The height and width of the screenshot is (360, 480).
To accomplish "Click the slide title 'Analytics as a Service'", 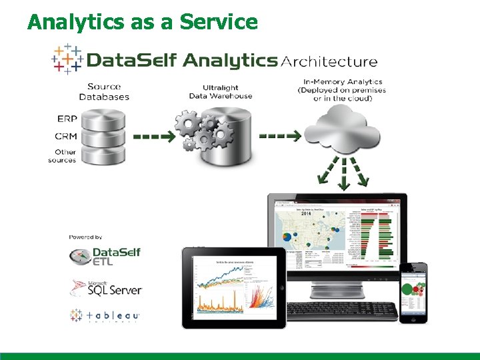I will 142,21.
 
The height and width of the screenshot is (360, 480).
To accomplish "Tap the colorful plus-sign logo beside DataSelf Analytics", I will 67,59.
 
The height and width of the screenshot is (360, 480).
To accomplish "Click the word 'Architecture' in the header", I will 329,62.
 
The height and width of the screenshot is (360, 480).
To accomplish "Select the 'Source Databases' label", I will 104,91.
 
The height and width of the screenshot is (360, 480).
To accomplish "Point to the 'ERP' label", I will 67,119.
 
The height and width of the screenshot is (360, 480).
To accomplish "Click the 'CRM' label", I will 66,136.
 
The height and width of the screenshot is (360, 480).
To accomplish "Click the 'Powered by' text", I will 85,237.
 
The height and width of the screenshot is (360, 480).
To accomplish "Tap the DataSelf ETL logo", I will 105,256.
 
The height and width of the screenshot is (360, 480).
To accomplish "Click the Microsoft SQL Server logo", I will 105,287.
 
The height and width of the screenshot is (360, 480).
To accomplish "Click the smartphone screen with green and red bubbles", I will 413,291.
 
